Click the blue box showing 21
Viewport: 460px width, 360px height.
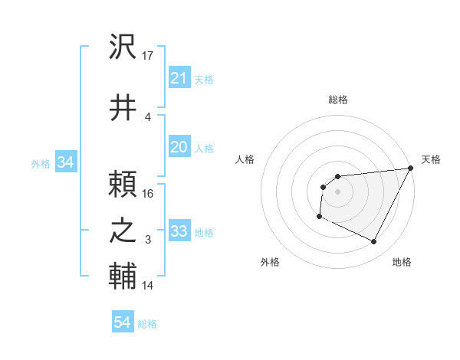(179, 78)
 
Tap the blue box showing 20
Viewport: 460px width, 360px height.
(179, 148)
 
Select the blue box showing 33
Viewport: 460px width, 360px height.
(179, 231)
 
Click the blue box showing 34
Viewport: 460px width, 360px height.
(65, 162)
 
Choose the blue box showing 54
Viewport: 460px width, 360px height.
(122, 323)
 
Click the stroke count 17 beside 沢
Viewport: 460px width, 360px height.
(149, 55)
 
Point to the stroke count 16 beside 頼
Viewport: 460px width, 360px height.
(149, 193)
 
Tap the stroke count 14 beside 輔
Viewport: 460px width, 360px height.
(149, 286)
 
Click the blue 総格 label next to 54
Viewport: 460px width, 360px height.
(147, 324)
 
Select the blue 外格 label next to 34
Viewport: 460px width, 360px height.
(41, 163)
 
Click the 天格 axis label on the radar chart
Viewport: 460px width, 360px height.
(431, 159)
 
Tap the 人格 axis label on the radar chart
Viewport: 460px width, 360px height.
(245, 159)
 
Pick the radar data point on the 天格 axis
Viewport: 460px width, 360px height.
(411, 169)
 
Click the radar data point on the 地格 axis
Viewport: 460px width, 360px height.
(374, 242)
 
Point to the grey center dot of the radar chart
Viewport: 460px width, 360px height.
(337, 191)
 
